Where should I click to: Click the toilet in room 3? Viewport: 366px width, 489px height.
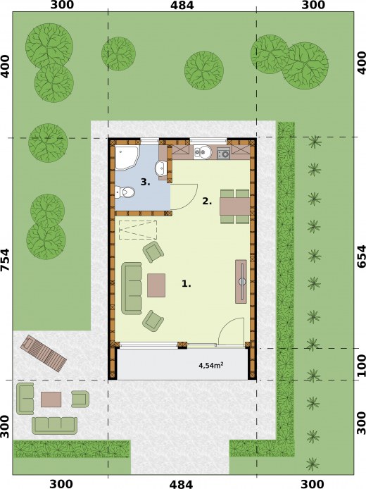pyautogui.click(x=125, y=192)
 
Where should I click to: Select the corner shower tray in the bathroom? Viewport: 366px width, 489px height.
pyautogui.click(x=127, y=158)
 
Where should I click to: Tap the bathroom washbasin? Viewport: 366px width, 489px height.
pyautogui.click(x=160, y=168)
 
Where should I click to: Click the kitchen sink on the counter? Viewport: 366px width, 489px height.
pyautogui.click(x=202, y=152)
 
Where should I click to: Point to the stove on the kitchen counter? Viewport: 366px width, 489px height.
pyautogui.click(x=223, y=153)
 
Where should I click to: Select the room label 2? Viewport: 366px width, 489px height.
pyautogui.click(x=207, y=202)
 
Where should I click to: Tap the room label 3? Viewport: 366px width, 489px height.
pyautogui.click(x=145, y=182)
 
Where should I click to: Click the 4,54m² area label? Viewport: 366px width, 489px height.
pyautogui.click(x=210, y=365)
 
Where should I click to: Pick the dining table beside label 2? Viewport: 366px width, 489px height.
pyautogui.click(x=234, y=206)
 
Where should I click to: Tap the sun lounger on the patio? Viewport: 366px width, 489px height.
pyautogui.click(x=44, y=353)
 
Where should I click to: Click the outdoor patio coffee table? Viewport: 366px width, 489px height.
pyautogui.click(x=51, y=400)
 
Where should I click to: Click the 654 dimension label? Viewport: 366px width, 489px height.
pyautogui.click(x=360, y=256)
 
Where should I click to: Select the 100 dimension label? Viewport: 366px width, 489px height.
pyautogui.click(x=360, y=365)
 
